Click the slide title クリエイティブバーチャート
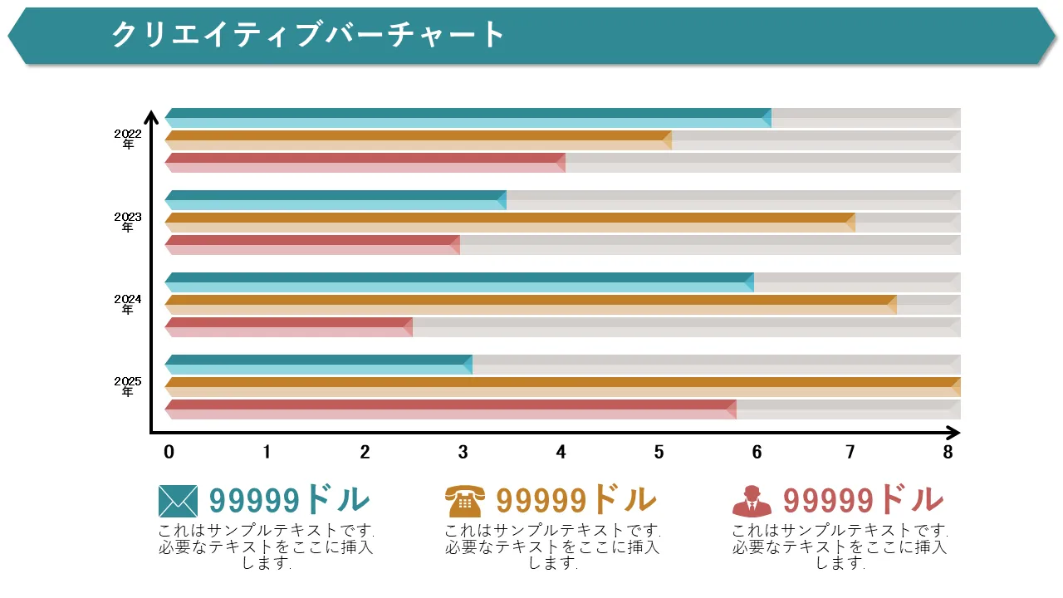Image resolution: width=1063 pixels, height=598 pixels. tap(308, 35)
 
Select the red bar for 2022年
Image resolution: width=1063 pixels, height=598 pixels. tap(365, 163)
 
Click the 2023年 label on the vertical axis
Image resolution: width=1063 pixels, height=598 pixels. tap(128, 222)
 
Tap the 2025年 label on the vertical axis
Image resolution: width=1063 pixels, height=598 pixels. tap(128, 386)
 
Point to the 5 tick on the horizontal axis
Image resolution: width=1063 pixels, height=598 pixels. tap(659, 453)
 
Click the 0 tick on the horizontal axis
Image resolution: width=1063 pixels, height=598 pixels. tap(169, 453)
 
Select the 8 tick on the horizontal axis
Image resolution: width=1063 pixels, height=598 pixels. tap(948, 453)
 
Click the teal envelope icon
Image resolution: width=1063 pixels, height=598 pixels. tap(178, 501)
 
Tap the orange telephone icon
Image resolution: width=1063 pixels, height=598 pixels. tap(463, 501)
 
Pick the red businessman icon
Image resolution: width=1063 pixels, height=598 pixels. tap(752, 501)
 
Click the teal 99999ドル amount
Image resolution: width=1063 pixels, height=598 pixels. tap(289, 500)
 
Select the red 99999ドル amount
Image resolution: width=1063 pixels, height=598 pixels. tap(863, 500)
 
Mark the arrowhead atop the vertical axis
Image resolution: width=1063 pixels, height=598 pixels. tap(151, 117)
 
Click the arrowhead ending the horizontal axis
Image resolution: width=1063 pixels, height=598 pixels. tap(953, 433)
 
